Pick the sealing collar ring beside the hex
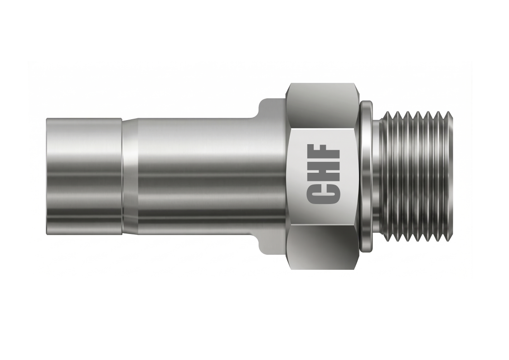pos(366,176)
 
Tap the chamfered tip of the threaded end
pos(449,176)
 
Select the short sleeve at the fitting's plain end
pos(84,176)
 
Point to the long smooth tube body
pos(204,176)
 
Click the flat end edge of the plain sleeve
pos(47,176)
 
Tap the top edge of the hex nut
pos(323,84)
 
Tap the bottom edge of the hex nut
pos(323,268)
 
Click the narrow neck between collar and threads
pos(377,176)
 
